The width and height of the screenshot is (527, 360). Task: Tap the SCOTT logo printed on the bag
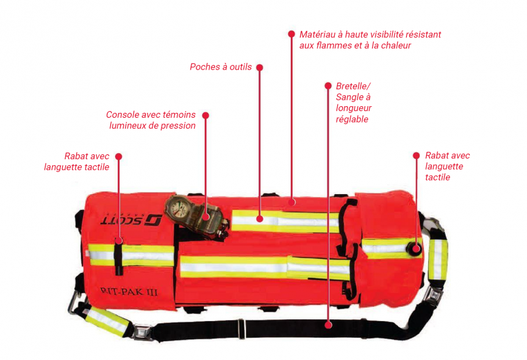pyautogui.click(x=131, y=220)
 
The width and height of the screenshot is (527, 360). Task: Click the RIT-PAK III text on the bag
pyautogui.click(x=129, y=291)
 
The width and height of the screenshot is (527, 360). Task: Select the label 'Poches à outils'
pyautogui.click(x=220, y=67)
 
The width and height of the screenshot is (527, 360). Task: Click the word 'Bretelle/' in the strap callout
pyautogui.click(x=353, y=86)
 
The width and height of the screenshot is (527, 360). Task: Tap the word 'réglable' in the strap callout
pyautogui.click(x=352, y=120)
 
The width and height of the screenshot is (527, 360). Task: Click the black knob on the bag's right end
pyautogui.click(x=414, y=248)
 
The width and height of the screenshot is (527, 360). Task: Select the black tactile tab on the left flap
pyautogui.click(x=118, y=256)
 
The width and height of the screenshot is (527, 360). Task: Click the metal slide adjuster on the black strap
pyautogui.click(x=241, y=329)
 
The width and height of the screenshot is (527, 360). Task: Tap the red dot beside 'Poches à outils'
pyautogui.click(x=259, y=68)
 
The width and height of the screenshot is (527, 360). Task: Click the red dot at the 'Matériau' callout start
pyautogui.click(x=292, y=34)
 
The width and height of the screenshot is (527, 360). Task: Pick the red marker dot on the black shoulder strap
pyautogui.click(x=329, y=325)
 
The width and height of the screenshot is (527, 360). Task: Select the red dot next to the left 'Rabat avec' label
pyautogui.click(x=119, y=157)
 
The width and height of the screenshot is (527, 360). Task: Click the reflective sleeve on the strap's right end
pyautogui.click(x=437, y=259)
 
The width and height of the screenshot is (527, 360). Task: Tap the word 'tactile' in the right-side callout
pyautogui.click(x=437, y=178)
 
